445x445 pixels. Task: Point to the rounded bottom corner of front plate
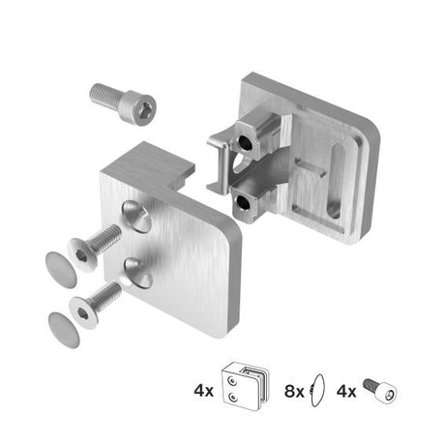click(222, 323)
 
